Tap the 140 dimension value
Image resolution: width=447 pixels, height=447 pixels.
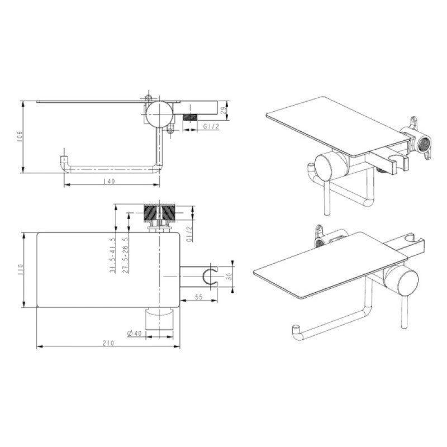[109, 181]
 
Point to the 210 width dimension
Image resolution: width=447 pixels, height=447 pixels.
[108, 343]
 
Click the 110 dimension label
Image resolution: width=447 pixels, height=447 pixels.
[20, 270]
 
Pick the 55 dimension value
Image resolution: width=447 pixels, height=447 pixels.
[198, 297]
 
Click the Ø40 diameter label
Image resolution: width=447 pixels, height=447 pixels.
[135, 332]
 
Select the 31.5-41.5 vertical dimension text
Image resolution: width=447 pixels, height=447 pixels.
[113, 255]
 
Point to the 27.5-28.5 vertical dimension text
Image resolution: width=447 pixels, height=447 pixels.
[126, 255]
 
